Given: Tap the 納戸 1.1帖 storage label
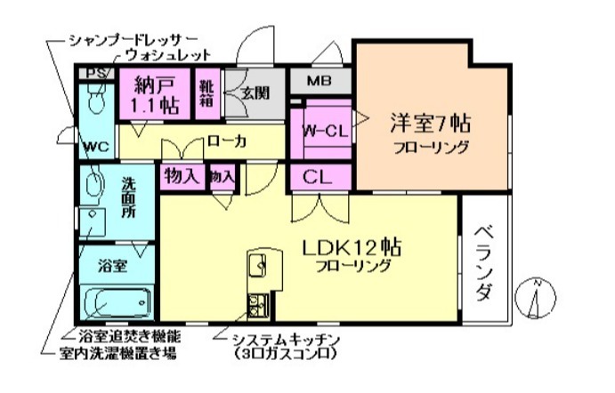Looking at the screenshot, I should click(x=156, y=96).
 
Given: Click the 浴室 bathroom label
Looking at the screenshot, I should click(x=112, y=264).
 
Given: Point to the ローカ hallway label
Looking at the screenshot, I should click(x=226, y=140).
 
